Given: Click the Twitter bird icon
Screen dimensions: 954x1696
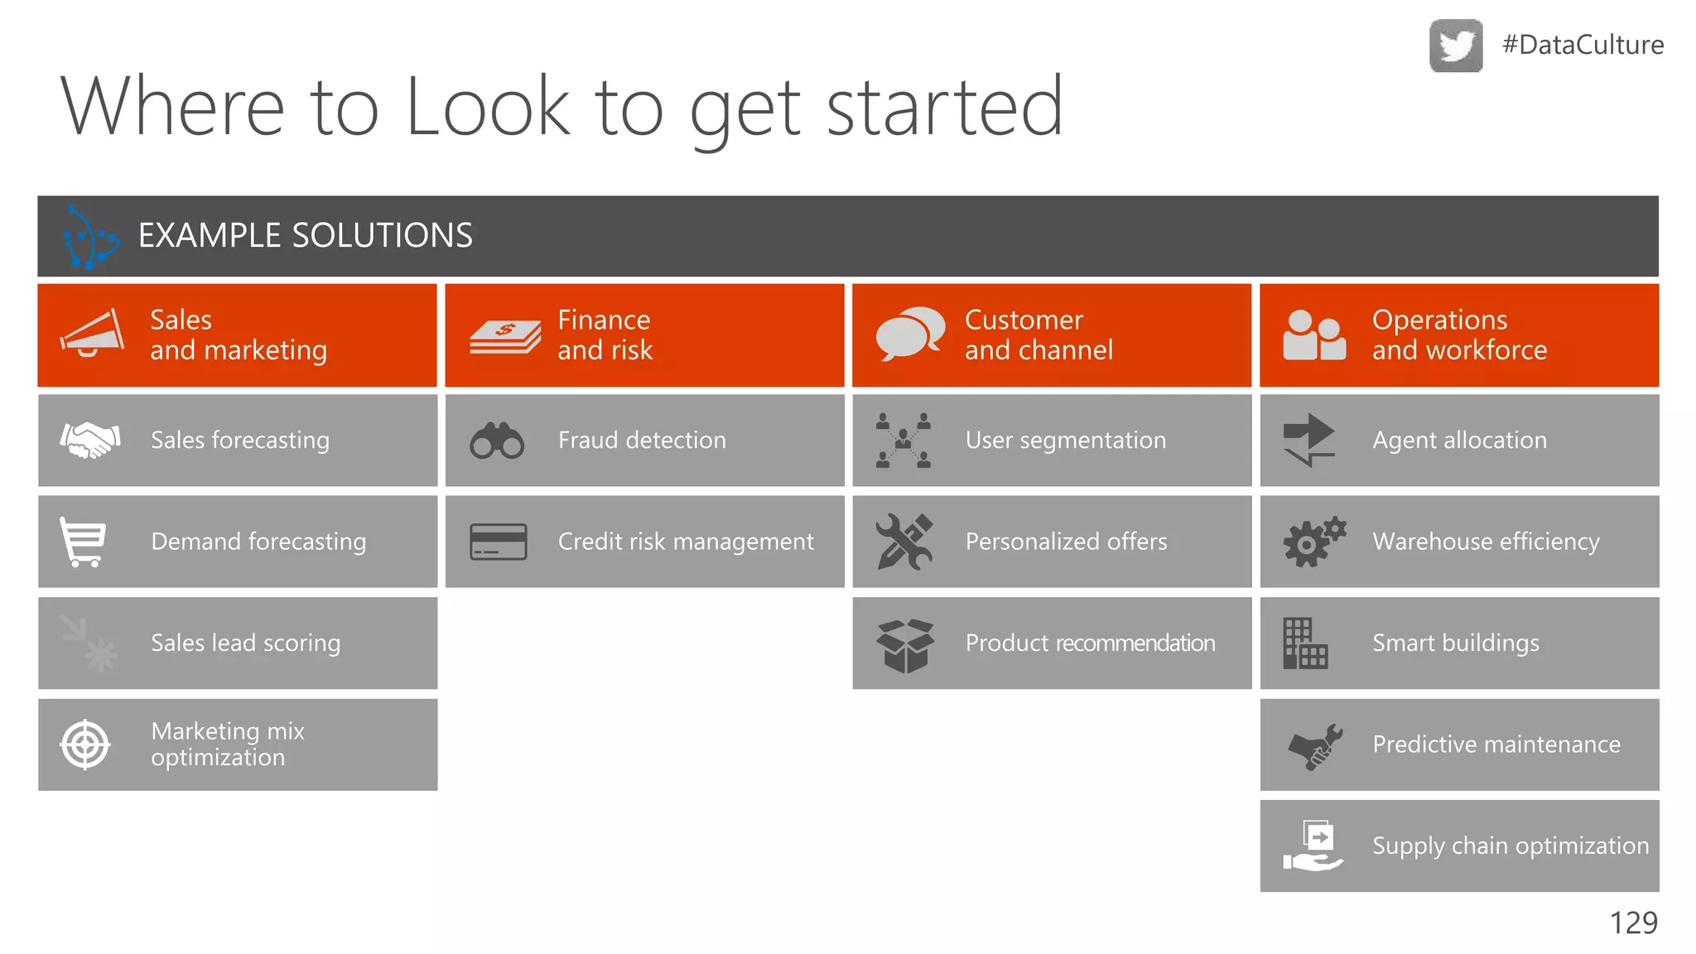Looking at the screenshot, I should pos(1456,46).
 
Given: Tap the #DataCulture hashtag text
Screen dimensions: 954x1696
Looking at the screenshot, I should pos(1583,45).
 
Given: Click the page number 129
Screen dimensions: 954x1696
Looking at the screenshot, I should pos(1633,923).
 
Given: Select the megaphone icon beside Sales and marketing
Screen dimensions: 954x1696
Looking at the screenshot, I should pos(92,334).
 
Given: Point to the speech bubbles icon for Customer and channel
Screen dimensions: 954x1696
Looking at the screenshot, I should pos(910,334).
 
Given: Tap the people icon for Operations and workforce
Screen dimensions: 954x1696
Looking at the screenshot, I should pos(1314,335).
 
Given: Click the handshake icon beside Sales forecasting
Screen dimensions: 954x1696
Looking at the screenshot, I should pos(90,440).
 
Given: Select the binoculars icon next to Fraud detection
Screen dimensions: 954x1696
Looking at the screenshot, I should pos(497,441).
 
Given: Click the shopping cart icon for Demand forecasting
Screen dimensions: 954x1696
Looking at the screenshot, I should pos(83,542).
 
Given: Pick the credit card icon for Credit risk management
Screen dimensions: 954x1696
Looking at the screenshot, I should pos(498,542).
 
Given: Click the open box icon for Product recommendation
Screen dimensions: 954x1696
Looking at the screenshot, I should pos(905,645).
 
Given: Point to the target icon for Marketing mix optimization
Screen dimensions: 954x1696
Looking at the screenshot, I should pos(85,744).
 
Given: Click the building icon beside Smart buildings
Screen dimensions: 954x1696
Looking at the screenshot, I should pos(1304,643).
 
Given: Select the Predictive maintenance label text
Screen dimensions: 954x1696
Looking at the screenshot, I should pos(1496,744).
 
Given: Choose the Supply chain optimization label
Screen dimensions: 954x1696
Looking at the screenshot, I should pos(1510,846).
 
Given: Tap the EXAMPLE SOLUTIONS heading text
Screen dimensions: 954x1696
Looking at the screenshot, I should pos(305,236).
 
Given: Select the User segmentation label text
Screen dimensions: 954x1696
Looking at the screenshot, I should pos(1065,441).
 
